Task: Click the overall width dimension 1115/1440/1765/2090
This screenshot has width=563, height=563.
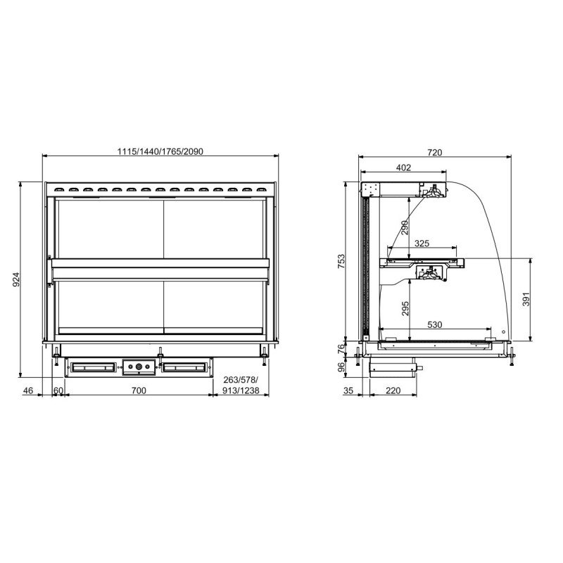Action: pos(160,151)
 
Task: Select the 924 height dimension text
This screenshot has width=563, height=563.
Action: pos(16,279)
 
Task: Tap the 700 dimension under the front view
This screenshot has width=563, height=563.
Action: pos(139,391)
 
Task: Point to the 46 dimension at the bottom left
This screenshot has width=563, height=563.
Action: pos(27,391)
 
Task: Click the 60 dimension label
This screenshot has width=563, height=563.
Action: pos(58,391)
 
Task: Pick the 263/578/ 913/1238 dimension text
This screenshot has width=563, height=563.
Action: pos(241,385)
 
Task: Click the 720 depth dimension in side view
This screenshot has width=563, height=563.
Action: pos(434,152)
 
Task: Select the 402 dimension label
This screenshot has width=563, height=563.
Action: pos(403,167)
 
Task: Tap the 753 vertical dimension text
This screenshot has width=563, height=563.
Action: pos(341,261)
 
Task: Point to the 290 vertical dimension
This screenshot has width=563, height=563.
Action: pos(405,227)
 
